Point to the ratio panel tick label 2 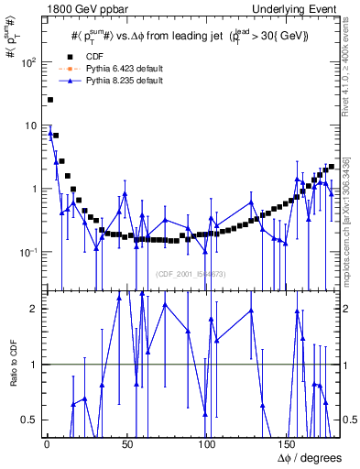[34, 309]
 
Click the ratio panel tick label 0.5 [29, 420]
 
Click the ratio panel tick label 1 [34, 365]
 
